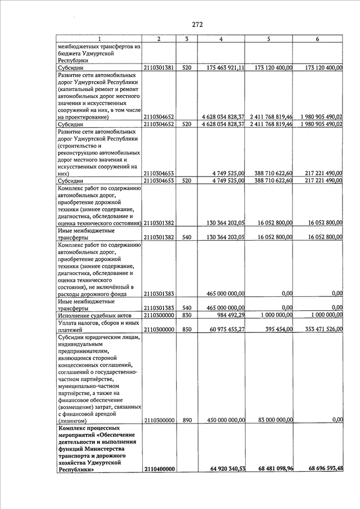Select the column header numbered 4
point(221,39)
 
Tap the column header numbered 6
point(318,39)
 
